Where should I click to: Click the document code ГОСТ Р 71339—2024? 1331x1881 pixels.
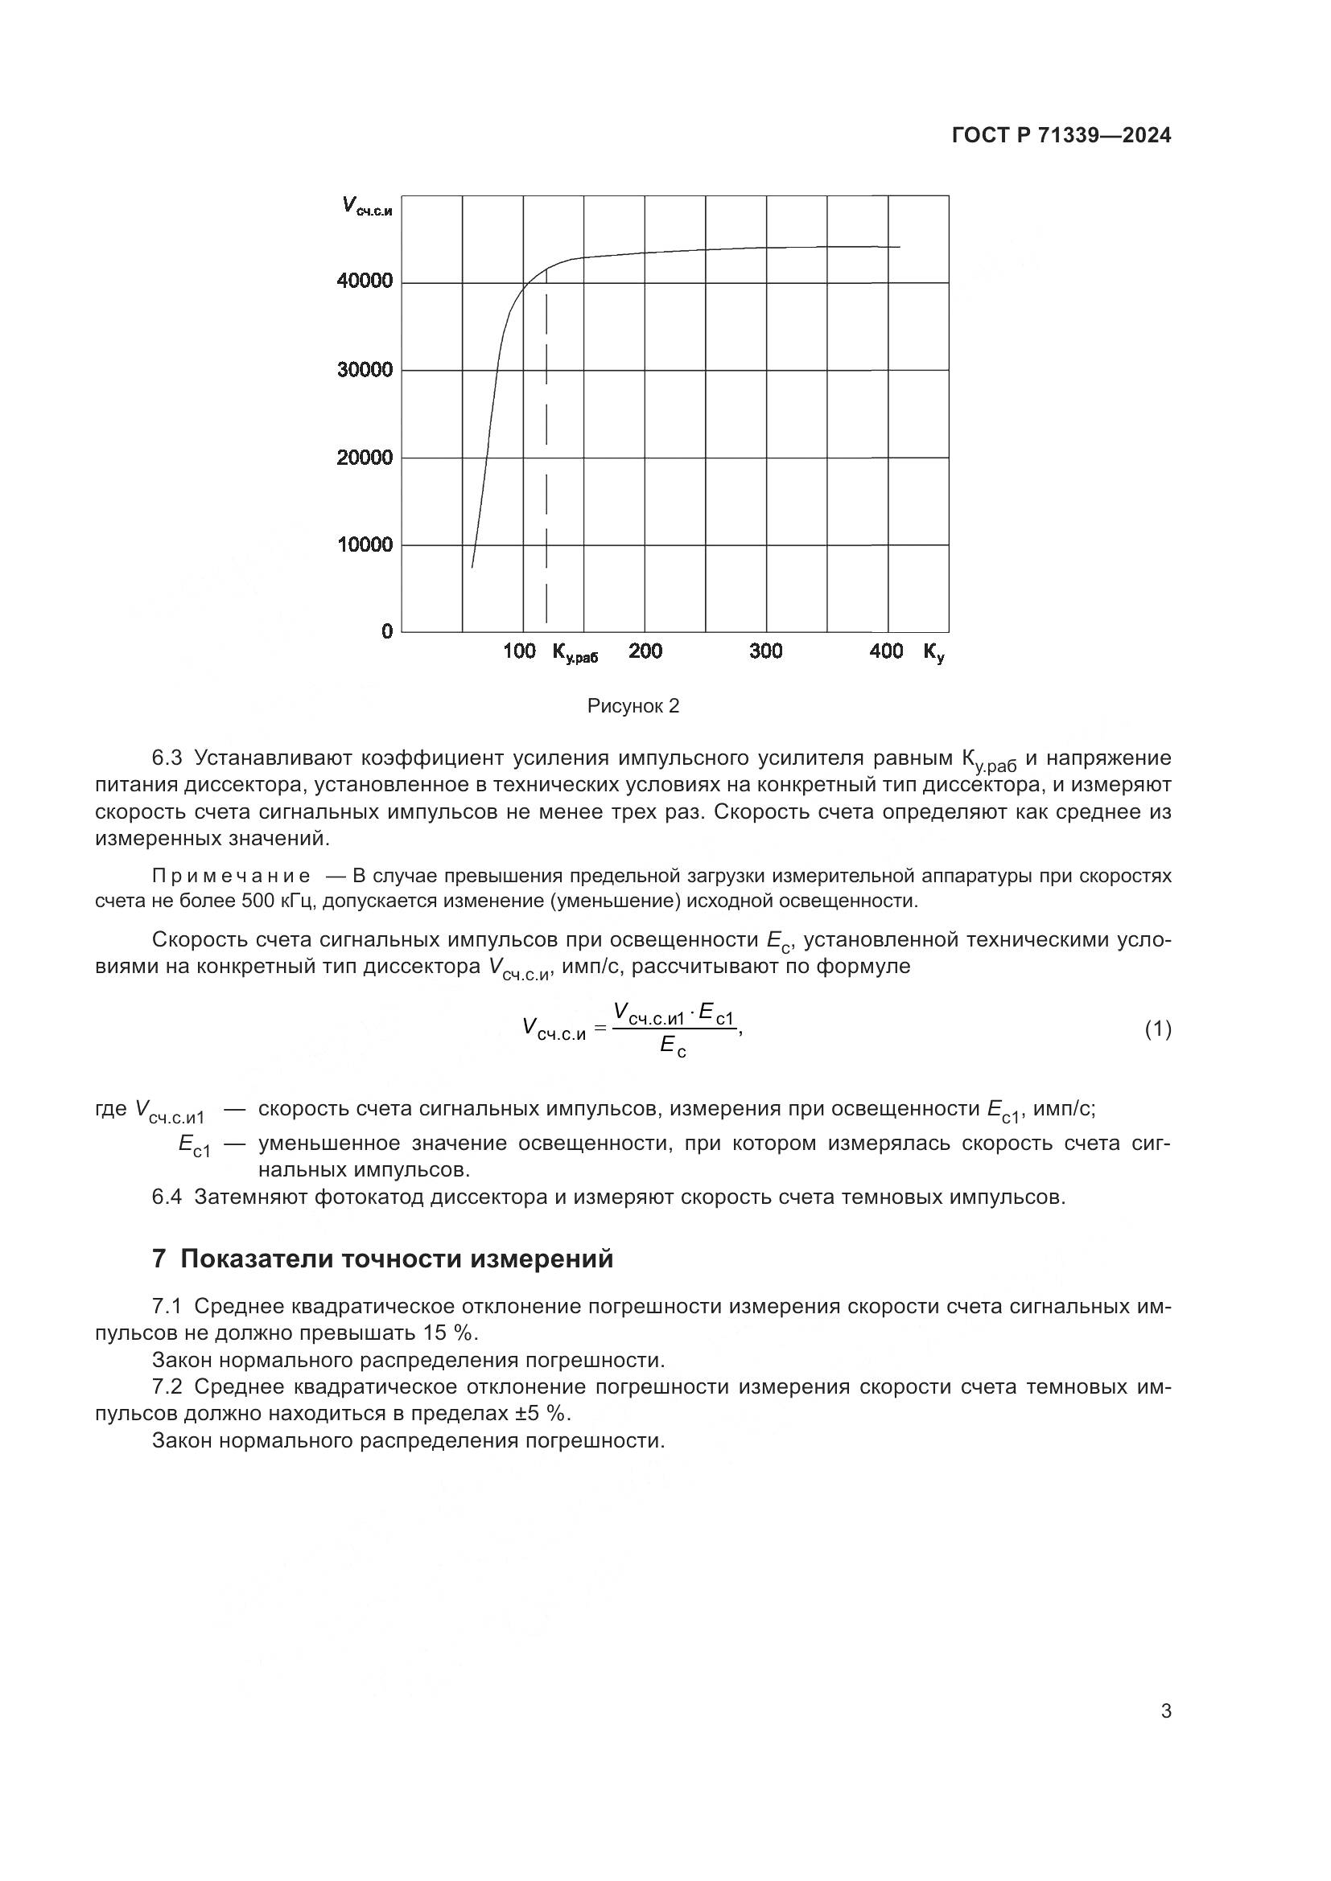pyautogui.click(x=1061, y=136)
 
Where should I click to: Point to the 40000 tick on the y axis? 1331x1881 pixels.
pyautogui.click(x=365, y=281)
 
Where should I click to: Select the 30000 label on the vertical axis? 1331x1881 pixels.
pyautogui.click(x=365, y=370)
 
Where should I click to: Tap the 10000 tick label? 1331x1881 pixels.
pyautogui.click(x=365, y=544)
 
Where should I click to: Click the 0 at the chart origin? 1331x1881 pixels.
pyautogui.click(x=387, y=631)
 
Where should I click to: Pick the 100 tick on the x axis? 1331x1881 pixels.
pyautogui.click(x=519, y=651)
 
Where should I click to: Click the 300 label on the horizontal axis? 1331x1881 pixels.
pyautogui.click(x=765, y=651)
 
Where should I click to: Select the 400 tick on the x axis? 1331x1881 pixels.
pyautogui.click(x=886, y=651)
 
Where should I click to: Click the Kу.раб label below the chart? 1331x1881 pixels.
pyautogui.click(x=575, y=653)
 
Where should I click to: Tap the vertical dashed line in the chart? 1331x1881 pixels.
pyautogui.click(x=546, y=458)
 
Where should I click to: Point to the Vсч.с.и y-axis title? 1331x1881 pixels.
pyautogui.click(x=366, y=206)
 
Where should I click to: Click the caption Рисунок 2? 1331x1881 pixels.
pyautogui.click(x=633, y=706)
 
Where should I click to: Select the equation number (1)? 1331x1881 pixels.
pyautogui.click(x=1157, y=1029)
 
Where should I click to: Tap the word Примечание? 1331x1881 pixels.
pyautogui.click(x=231, y=877)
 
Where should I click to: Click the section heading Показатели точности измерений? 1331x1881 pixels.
pyautogui.click(x=396, y=1259)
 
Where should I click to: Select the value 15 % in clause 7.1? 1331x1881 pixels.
pyautogui.click(x=448, y=1333)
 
